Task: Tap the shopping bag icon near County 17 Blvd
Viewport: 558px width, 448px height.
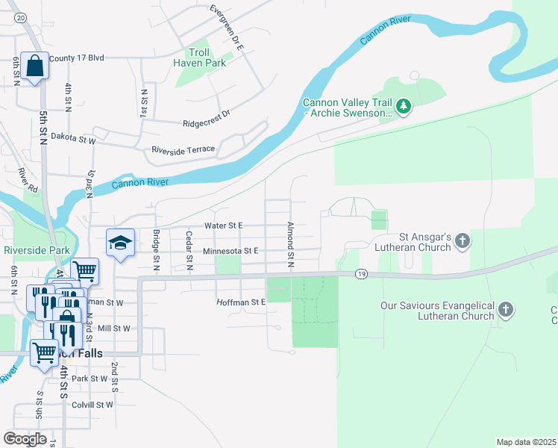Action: [x=34, y=66]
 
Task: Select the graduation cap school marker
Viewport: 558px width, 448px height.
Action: [x=120, y=242]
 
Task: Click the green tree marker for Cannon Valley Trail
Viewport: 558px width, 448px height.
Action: [x=404, y=108]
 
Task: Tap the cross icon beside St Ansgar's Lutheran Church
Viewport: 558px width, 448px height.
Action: [x=463, y=241]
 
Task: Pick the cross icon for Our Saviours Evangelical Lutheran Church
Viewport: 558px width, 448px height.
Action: [x=506, y=310]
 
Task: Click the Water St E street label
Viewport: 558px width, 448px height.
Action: [x=224, y=225]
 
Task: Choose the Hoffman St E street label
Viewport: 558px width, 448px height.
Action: [x=241, y=302]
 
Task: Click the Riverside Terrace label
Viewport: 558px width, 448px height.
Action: [x=183, y=150]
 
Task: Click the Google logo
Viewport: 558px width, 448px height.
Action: [x=25, y=439]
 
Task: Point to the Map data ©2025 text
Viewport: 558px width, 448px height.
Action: [x=525, y=442]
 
